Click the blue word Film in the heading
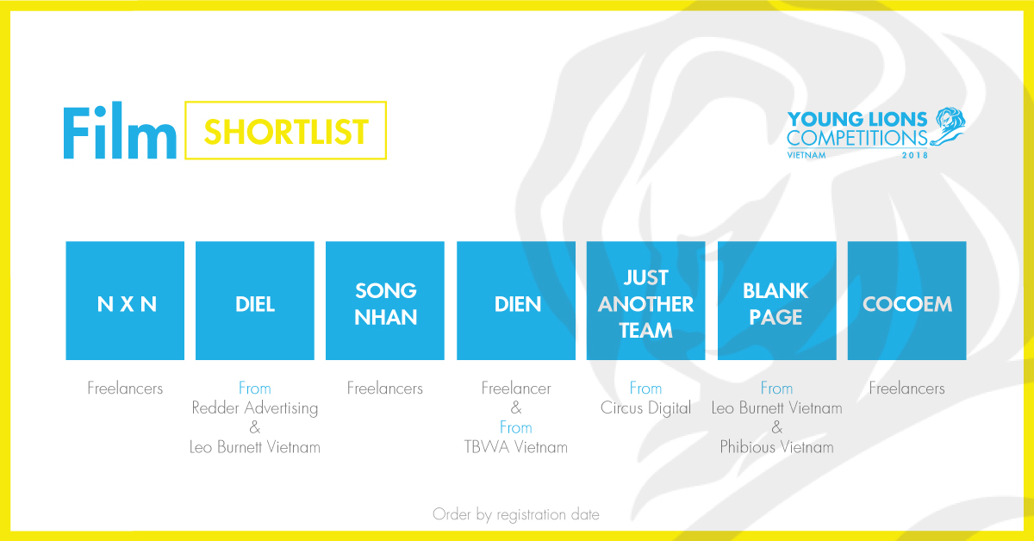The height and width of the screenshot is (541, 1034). pos(119,131)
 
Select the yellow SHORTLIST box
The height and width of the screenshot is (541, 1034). pos(285,130)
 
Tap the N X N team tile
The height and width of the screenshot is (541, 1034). pos(125,301)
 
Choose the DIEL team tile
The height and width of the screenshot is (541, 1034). pos(255,301)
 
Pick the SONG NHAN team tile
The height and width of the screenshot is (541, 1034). pos(385,301)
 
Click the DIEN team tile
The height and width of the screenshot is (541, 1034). pos(515,301)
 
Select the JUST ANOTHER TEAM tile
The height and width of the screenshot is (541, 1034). pos(645,301)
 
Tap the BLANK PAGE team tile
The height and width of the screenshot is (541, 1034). pos(776,301)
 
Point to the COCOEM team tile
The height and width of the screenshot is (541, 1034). pos(906,301)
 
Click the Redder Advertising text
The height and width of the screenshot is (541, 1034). pos(255,407)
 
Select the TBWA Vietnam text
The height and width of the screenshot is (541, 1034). pos(515,447)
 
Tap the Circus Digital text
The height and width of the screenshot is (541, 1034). pos(645,407)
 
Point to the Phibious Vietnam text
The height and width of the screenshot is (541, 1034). pos(776,447)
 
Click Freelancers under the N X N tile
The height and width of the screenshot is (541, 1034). pos(125,389)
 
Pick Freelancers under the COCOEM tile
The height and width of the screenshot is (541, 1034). pos(906,389)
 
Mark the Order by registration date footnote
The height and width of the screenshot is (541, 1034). pos(515,514)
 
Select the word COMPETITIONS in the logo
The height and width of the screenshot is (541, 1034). pos(856,138)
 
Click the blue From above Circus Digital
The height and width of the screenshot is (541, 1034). pos(645,389)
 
